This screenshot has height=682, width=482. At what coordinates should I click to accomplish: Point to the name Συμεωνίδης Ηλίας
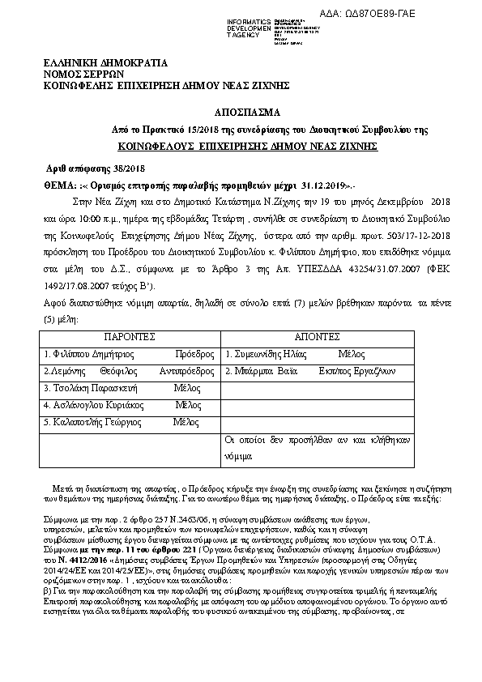pyautogui.click(x=274, y=355)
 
